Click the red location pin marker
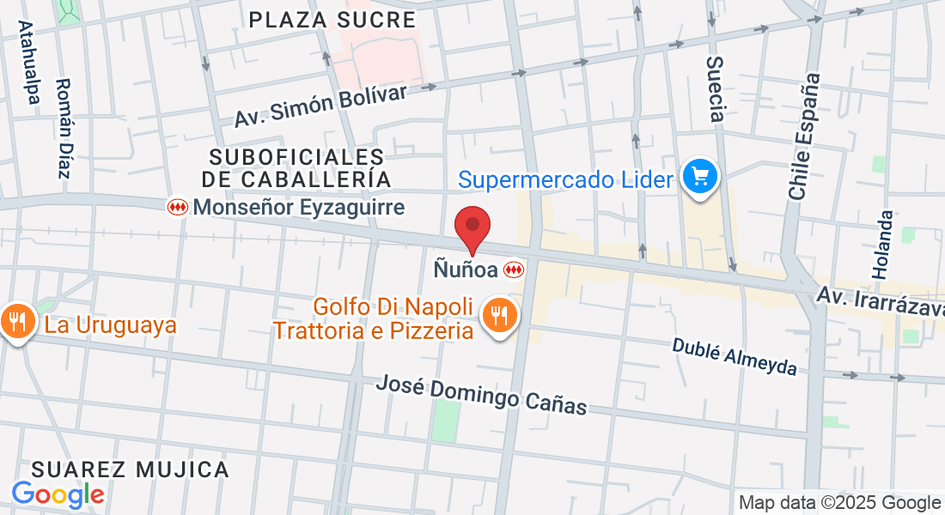[x=472, y=227]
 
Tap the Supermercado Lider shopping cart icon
[x=700, y=178]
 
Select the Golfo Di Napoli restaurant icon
[x=498, y=315]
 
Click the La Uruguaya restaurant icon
[x=17, y=323]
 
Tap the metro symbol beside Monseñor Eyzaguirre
[x=177, y=207]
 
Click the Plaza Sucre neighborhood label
[x=332, y=19]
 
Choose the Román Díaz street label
[x=63, y=129]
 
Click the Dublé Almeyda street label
[x=735, y=356]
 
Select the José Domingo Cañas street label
[x=481, y=394]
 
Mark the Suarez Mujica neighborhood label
[x=131, y=470]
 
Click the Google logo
[x=58, y=494]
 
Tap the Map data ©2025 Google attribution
[x=839, y=503]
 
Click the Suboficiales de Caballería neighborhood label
[x=296, y=167]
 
